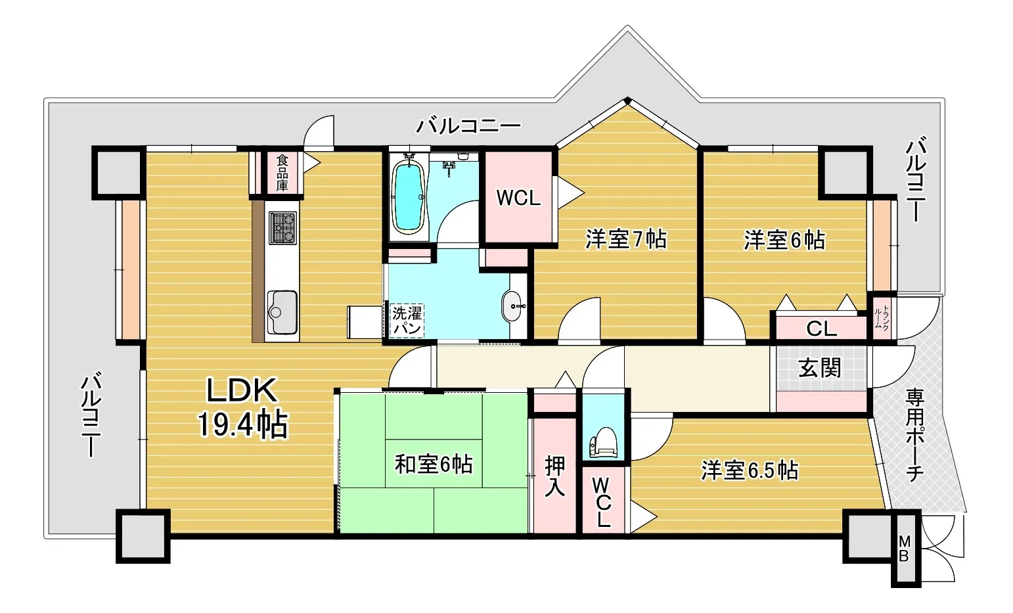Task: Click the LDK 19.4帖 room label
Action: [242, 407]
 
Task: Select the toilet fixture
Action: [603, 442]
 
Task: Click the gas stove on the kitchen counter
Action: [282, 228]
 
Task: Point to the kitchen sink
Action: [282, 311]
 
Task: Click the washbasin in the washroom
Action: [512, 306]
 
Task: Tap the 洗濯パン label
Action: [407, 321]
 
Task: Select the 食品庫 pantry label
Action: [282, 172]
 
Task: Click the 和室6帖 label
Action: [433, 465]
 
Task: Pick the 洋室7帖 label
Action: [626, 239]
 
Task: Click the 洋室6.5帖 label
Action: [750, 470]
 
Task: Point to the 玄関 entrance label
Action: [819, 367]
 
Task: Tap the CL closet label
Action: [821, 329]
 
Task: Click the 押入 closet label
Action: [554, 476]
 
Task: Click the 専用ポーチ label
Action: [914, 435]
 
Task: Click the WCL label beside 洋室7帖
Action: [518, 198]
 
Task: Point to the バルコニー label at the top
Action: [468, 125]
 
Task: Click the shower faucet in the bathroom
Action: [449, 168]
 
